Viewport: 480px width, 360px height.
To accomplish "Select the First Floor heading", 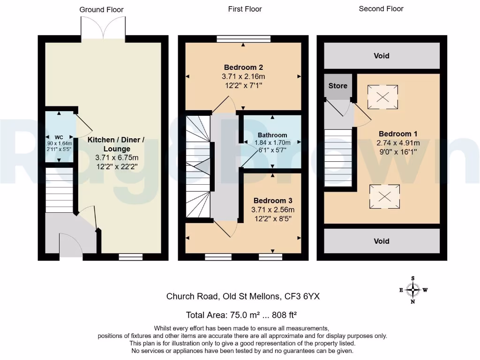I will pos(245,9).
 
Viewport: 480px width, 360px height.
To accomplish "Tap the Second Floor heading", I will pos(381,8).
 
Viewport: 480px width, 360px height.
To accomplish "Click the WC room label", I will pos(59,137).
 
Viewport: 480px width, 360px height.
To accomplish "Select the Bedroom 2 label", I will pos(243,67).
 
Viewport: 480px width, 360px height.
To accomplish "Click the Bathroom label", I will pos(272,135).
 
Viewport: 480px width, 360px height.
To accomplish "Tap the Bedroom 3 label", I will pos(273,201).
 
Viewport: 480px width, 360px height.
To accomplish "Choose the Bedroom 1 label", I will pos(397,134).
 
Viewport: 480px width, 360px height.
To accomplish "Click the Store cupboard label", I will pos(337,86).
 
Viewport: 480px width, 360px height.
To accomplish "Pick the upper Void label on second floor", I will pos(382,56).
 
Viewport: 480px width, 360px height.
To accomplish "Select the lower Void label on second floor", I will pos(382,241).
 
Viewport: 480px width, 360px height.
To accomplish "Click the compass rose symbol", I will pos(412,290).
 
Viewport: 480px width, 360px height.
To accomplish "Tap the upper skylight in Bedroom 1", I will pos(383,97).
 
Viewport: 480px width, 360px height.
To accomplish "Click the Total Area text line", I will pos(242,315).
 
